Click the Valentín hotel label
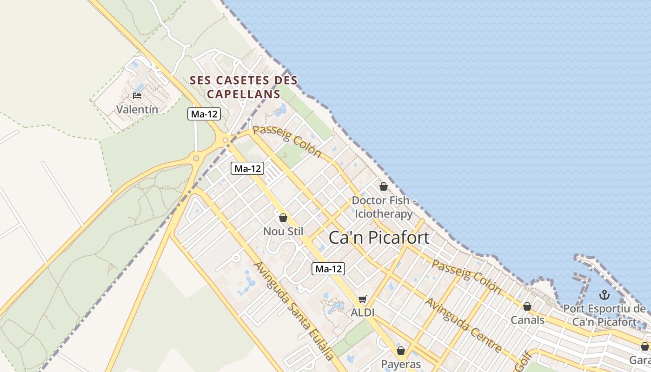coord(137,110)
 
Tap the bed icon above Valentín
coord(137,95)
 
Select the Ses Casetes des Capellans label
coord(244,87)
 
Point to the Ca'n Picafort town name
coord(379,238)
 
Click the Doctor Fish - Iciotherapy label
coord(384,207)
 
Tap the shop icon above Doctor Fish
coord(384,186)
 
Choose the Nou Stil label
coord(283,231)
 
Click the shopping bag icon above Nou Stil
coord(283,217)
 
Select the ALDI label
coord(362,312)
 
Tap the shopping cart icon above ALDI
coord(363,299)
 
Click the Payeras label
coord(401,364)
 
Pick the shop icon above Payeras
coord(401,350)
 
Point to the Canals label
coord(527,320)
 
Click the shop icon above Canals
coord(527,306)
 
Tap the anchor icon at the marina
coord(604,294)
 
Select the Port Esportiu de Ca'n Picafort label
coord(604,315)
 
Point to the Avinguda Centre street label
coord(464,325)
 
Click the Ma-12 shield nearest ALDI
coord(329,268)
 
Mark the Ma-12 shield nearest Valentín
coord(204,114)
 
